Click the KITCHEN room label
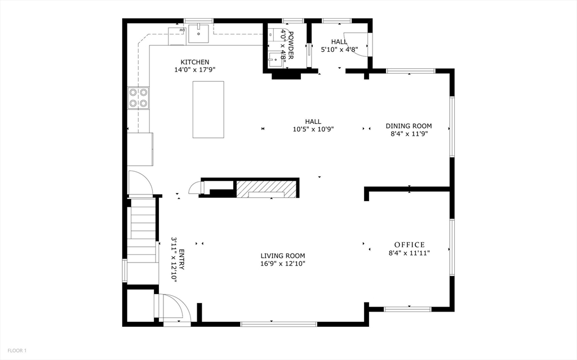coord(194,62)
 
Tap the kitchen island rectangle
coord(208,109)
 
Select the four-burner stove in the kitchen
coord(139,98)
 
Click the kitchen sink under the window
coord(198,33)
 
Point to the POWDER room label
coord(290,45)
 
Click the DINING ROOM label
coord(409,126)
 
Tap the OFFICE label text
coord(410,245)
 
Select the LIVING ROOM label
coord(283,256)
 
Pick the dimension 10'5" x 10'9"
coord(313,129)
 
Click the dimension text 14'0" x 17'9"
coord(194,69)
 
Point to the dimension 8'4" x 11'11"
coord(409,253)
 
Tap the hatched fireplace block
coord(266,189)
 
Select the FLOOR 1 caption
coord(17,351)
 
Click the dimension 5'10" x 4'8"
coord(339,50)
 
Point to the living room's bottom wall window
coord(278,324)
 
